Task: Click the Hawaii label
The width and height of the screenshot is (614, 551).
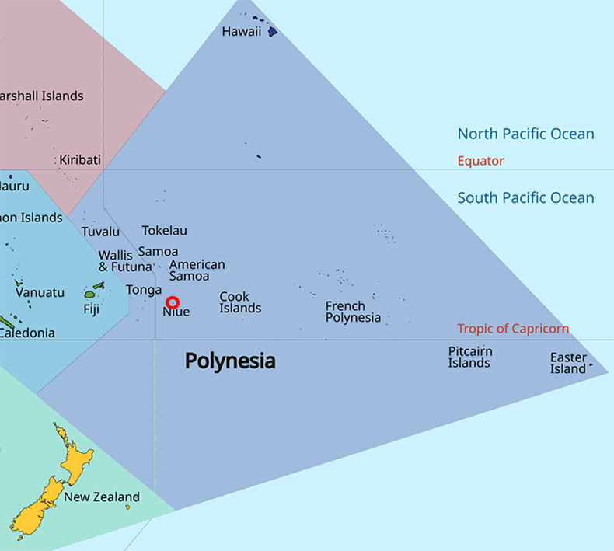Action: (x=241, y=32)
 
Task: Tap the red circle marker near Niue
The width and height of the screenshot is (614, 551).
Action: (x=173, y=302)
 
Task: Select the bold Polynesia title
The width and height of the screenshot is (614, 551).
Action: (x=230, y=361)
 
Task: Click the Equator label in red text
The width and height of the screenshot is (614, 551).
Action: (x=480, y=161)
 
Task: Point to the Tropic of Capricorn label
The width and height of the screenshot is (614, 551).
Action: (x=513, y=329)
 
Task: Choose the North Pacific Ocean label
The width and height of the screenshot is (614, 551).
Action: (x=525, y=134)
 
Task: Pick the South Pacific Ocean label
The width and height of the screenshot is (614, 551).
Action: (x=525, y=197)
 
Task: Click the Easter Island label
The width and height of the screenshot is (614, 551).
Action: (x=568, y=363)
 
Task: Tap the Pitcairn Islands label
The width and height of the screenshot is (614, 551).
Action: (x=470, y=357)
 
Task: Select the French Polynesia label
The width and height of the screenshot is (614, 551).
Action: (x=353, y=312)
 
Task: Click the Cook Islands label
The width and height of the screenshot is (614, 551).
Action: (x=240, y=302)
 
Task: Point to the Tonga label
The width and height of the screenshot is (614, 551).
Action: (x=144, y=290)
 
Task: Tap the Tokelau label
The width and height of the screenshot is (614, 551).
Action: (x=164, y=231)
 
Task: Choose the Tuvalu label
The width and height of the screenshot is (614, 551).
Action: (x=101, y=232)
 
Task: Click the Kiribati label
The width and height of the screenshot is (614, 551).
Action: (x=80, y=160)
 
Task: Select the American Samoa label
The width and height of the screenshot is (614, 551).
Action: (x=197, y=270)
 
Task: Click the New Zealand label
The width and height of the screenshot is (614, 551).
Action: (x=102, y=497)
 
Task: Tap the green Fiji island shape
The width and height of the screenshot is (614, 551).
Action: (x=89, y=295)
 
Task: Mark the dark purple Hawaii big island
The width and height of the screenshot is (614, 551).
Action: (x=273, y=33)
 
